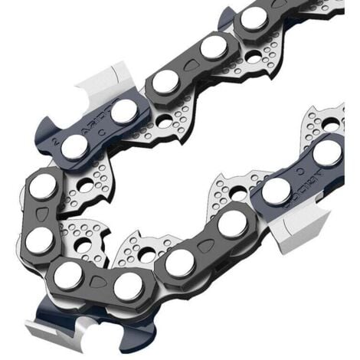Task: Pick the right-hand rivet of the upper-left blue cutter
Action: [x=123, y=113]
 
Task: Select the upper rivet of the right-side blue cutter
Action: [x=328, y=152]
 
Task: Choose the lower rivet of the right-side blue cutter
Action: [x=277, y=191]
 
